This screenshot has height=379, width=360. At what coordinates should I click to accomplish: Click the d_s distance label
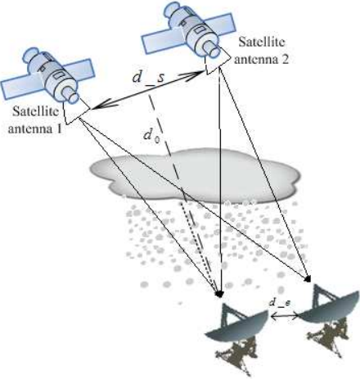[148, 78]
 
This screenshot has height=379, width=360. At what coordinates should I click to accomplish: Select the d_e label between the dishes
[280, 303]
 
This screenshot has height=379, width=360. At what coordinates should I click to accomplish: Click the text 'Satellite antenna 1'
[34, 120]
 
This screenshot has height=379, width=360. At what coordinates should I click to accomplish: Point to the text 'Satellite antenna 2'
[261, 51]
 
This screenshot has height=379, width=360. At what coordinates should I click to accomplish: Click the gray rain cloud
[195, 177]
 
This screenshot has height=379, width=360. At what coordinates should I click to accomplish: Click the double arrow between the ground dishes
[284, 317]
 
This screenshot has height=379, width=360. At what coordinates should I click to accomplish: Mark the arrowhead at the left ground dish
[219, 294]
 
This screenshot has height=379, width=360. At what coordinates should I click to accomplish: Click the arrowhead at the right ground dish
[308, 279]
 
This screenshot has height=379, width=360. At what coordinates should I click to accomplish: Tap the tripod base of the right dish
[326, 339]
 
